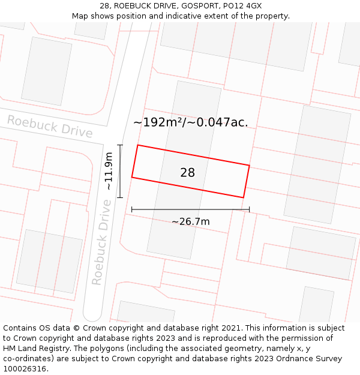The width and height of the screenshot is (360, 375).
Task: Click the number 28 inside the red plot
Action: (187, 173)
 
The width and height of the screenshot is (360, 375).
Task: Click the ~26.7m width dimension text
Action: (190, 221)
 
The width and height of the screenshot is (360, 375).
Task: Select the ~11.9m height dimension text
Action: (109, 171)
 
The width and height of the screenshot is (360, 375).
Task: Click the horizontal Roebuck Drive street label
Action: (49, 127)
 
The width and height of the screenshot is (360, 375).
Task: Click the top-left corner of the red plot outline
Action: (138, 145)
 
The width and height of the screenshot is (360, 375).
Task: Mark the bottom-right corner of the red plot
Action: (243, 197)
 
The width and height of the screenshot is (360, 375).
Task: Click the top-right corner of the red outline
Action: (249, 165)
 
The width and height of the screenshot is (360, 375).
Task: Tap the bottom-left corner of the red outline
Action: (132, 177)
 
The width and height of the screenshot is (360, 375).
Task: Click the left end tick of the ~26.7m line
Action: (132, 209)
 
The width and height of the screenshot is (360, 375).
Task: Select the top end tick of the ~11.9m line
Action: (120, 145)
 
